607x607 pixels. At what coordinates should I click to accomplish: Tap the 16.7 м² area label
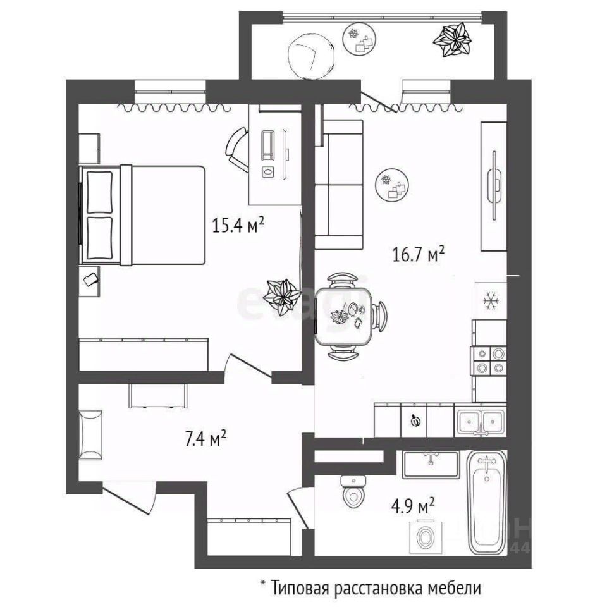click(x=417, y=255)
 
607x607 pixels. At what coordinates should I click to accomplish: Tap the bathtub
click(x=487, y=502)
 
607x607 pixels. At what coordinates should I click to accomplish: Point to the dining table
click(x=345, y=316)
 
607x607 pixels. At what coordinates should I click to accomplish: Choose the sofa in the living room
click(x=340, y=184)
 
